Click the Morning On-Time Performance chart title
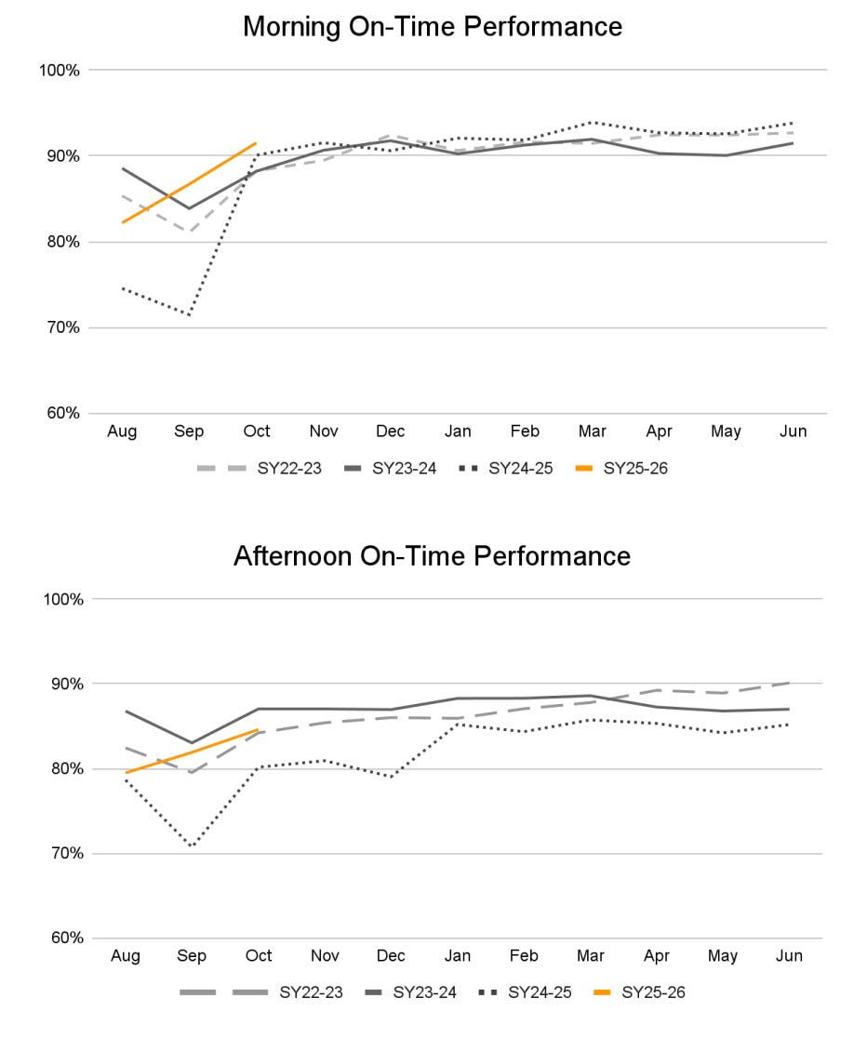[433, 27]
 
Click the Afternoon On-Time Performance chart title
[432, 556]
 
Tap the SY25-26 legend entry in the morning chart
[634, 468]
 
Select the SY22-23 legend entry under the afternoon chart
[311, 992]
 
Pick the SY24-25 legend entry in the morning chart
[519, 468]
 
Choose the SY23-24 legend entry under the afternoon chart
[424, 992]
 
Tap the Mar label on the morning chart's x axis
[592, 432]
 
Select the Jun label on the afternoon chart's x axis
[789, 956]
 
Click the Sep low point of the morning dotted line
[190, 315]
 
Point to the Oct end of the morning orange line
[256, 143]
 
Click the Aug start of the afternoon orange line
[126, 772]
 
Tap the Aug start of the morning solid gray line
[123, 168]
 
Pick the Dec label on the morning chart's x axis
[391, 432]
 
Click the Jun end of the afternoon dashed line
[789, 683]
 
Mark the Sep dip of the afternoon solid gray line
[192, 743]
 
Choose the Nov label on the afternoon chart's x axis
[325, 956]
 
